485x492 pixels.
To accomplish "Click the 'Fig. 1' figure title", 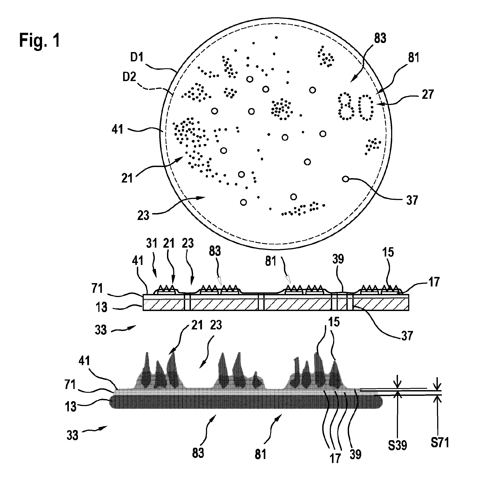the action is [39, 41].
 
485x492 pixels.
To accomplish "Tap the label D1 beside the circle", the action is [137, 57].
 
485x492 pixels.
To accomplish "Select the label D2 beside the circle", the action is [130, 77].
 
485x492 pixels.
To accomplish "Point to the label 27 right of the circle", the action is [427, 94].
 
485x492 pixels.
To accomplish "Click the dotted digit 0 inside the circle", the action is [366, 107].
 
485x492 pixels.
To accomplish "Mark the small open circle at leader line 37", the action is [345, 179].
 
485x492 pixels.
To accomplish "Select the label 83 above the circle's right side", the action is [380, 38].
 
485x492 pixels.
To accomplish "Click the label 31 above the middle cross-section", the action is [152, 243].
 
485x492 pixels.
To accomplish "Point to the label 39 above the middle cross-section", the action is [338, 259].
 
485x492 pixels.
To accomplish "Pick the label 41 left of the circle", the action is [117, 129].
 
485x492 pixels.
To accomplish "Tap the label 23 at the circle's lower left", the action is [143, 216].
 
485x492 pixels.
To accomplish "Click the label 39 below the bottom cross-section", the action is [355, 454].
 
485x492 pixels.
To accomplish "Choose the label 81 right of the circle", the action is [413, 58].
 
